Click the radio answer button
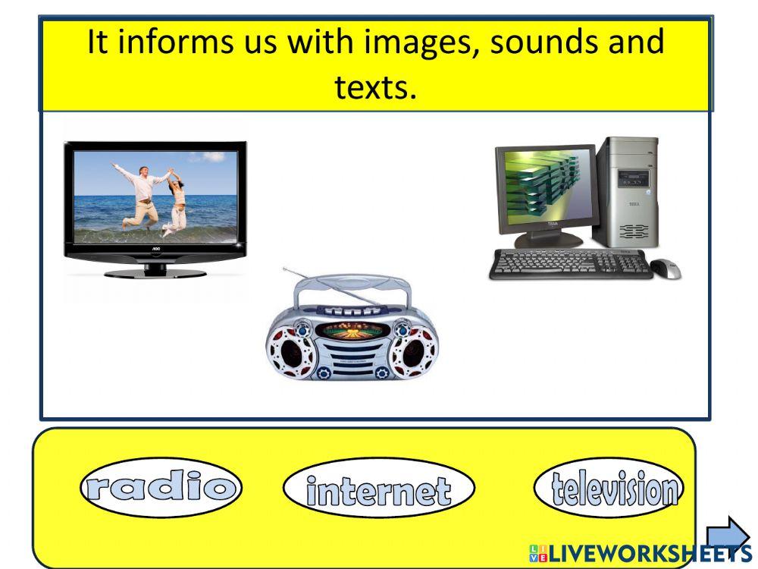click(161, 488)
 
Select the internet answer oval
click(378, 489)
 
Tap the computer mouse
click(665, 268)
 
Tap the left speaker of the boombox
click(291, 351)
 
